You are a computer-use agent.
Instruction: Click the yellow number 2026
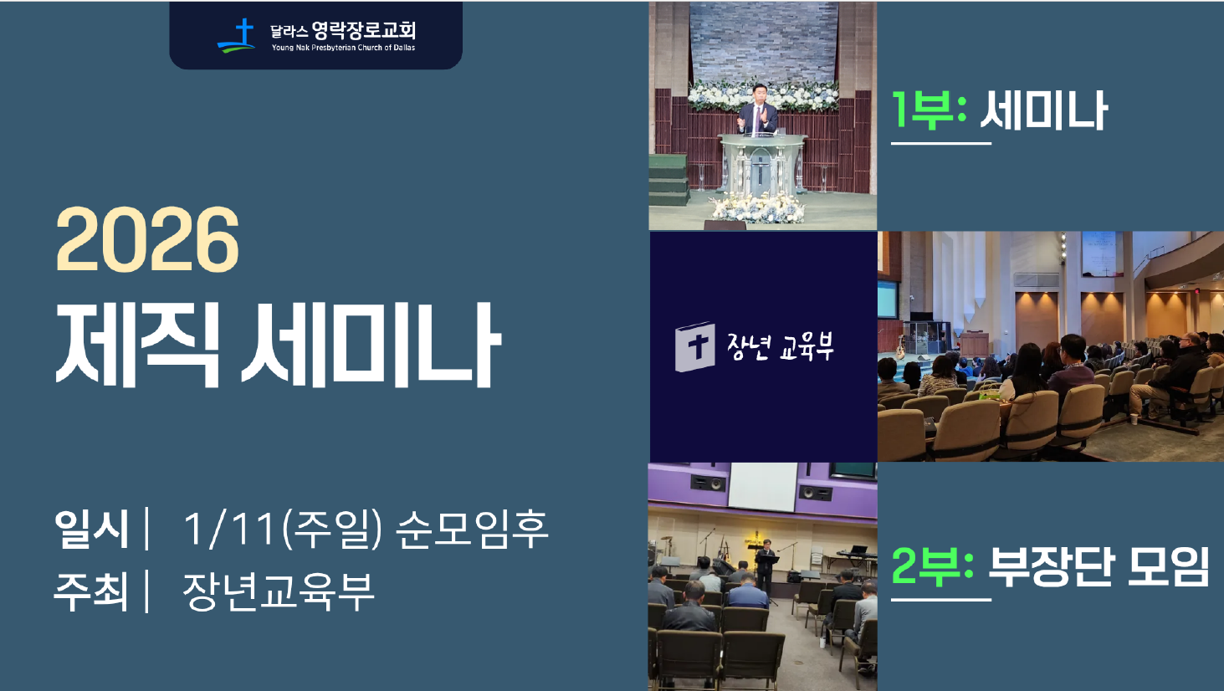[147, 241]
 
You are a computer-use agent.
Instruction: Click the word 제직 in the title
[137, 345]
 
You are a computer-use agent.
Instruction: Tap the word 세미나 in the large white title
[371, 345]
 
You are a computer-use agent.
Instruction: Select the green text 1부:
[929, 110]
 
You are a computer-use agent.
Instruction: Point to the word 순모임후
[471, 530]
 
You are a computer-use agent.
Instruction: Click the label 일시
[91, 530]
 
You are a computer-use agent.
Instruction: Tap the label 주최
[91, 591]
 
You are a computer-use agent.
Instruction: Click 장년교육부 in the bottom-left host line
[278, 591]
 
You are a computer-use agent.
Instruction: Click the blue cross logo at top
[239, 35]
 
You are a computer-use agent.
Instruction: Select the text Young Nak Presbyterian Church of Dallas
[343, 49]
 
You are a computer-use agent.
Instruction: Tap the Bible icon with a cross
[695, 346]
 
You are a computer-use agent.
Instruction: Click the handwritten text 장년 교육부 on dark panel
[780, 346]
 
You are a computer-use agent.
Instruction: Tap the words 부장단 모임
[1099, 566]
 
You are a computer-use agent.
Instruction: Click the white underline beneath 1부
[940, 143]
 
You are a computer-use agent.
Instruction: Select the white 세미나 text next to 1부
[1043, 110]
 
